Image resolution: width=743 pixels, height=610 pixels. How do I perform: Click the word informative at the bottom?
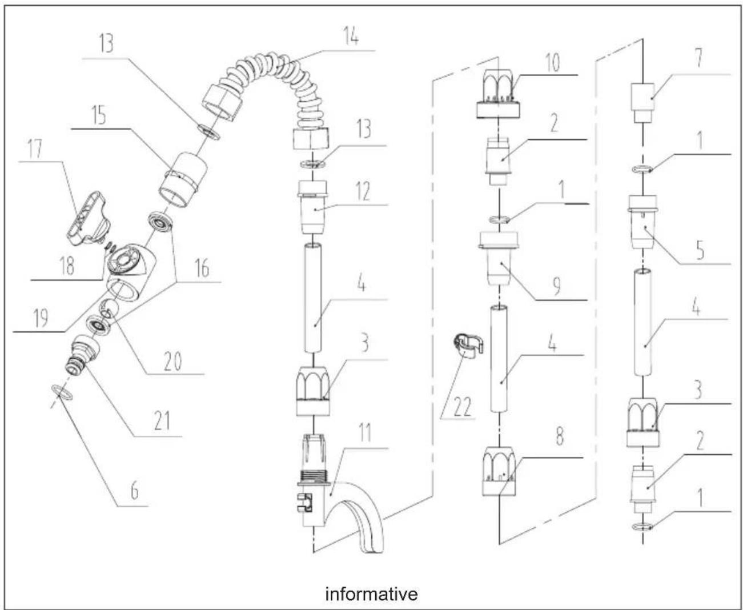click(x=371, y=594)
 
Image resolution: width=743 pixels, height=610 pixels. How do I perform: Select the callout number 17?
click(x=35, y=149)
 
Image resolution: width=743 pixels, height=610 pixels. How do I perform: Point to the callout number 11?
click(x=364, y=433)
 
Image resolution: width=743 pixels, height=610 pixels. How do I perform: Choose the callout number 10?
click(x=553, y=63)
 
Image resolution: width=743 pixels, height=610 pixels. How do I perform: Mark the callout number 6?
click(x=135, y=490)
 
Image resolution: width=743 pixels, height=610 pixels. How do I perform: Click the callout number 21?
click(x=162, y=421)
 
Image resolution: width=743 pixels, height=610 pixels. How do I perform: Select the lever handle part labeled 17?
click(x=88, y=219)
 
